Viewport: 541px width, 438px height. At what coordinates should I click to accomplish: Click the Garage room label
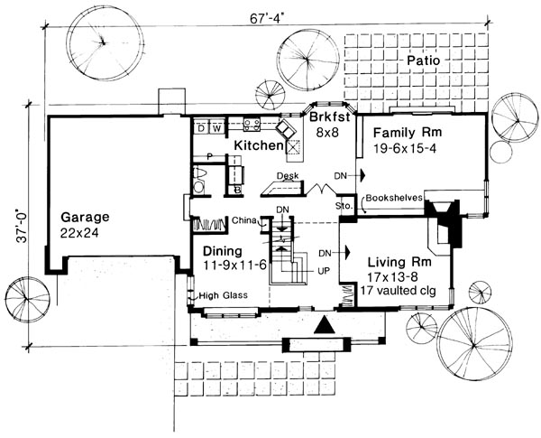(x=85, y=218)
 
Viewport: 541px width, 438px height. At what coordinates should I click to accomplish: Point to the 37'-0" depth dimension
(x=21, y=226)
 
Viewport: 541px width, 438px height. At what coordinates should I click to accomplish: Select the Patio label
(x=424, y=61)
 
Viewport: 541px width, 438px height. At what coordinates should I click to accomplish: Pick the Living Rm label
(x=399, y=262)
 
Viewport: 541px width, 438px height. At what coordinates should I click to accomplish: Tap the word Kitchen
(x=259, y=145)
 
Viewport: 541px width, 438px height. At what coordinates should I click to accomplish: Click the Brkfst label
(x=329, y=116)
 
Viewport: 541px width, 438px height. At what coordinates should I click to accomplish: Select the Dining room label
(x=223, y=251)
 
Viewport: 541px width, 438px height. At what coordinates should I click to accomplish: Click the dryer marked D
(x=201, y=128)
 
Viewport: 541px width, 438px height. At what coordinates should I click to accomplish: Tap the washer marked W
(x=216, y=128)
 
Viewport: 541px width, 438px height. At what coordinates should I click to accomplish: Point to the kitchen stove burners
(x=252, y=125)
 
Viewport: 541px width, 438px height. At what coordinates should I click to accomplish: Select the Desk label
(x=288, y=175)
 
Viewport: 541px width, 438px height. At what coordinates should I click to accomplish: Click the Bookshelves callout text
(x=394, y=198)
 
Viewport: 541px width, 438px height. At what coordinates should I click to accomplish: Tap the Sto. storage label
(x=344, y=206)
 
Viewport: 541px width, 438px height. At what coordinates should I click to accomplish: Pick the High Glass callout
(x=224, y=295)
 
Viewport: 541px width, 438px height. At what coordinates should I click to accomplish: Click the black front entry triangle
(x=325, y=325)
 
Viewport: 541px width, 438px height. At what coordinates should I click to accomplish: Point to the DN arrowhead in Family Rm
(x=362, y=175)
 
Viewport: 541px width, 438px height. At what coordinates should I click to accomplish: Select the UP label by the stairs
(x=324, y=270)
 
